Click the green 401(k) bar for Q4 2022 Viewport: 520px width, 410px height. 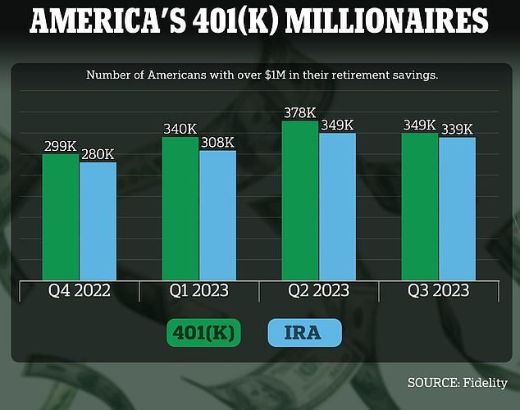pyautogui.click(x=61, y=216)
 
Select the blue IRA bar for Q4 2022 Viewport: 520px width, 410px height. pyautogui.click(x=98, y=221)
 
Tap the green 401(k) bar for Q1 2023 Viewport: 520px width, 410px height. pyautogui.click(x=180, y=208)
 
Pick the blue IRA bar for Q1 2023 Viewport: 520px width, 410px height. pyautogui.click(x=217, y=215)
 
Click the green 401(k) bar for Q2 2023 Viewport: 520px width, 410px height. pyautogui.click(x=300, y=200)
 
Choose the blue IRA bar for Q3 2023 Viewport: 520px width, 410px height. pyautogui.click(x=457, y=208)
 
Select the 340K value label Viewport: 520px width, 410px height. pyautogui.click(x=180, y=130)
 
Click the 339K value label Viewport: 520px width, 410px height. pyautogui.click(x=457, y=130)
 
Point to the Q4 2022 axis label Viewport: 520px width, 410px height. pyautogui.click(x=80, y=291)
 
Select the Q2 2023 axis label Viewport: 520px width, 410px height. pyautogui.click(x=318, y=291)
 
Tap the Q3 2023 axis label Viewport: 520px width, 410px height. pyautogui.click(x=439, y=291)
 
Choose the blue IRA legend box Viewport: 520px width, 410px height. pyautogui.click(x=305, y=334)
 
